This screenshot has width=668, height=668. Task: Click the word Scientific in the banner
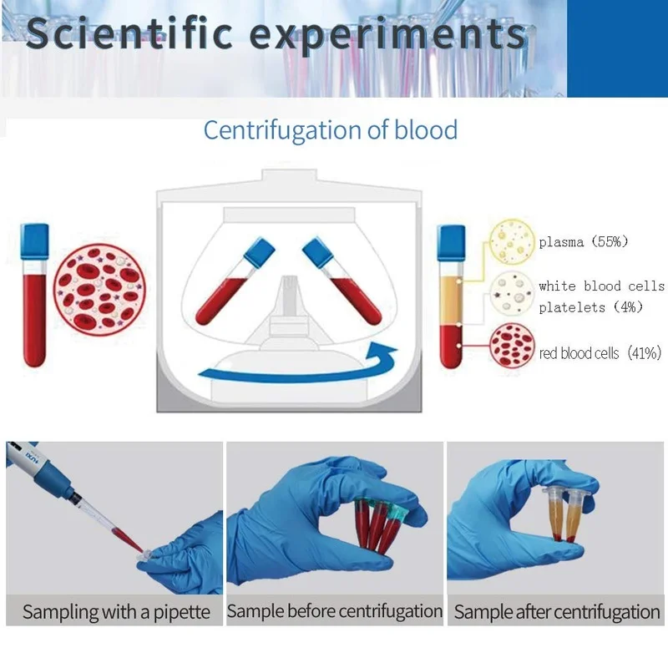coord(129,33)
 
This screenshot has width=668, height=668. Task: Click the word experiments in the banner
coord(388,35)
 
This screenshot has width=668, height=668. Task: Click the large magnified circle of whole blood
coord(99,289)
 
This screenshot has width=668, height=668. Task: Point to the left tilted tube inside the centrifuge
coord(235,281)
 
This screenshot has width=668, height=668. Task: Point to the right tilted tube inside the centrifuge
coord(342,281)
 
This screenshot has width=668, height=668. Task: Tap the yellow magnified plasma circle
coord(511,241)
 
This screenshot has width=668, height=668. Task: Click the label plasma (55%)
coord(583,242)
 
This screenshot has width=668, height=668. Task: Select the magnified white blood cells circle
coord(511,294)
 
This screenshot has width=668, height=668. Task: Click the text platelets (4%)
coord(590,306)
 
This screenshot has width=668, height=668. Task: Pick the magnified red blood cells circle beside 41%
coord(512,346)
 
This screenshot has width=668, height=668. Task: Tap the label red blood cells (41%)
coord(600,353)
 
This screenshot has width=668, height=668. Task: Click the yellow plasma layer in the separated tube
coord(451,301)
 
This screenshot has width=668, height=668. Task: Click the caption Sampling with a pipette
coord(116,612)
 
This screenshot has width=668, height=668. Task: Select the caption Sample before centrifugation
coord(335,611)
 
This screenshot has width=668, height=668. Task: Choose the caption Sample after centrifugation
coord(556,612)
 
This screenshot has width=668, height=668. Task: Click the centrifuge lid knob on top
coord(289,175)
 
